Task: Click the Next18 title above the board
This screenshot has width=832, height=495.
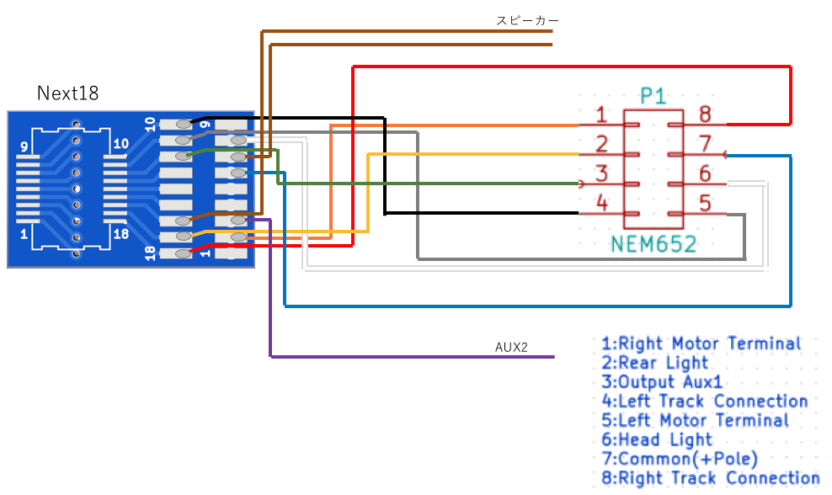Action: click(68, 93)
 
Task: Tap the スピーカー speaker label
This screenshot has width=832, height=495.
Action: click(527, 21)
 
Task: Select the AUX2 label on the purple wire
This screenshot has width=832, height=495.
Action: click(511, 347)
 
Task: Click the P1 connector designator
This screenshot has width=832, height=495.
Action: click(653, 96)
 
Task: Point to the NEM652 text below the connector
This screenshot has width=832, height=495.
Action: click(653, 244)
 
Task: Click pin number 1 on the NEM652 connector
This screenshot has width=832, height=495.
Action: click(601, 114)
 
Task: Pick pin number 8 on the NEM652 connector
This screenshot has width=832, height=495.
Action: click(705, 114)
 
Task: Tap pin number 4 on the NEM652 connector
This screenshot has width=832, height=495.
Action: click(602, 202)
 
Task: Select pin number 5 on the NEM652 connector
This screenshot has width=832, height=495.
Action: click(705, 203)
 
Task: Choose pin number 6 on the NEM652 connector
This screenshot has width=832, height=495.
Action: click(705, 173)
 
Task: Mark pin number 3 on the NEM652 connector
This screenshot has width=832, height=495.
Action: click(601, 173)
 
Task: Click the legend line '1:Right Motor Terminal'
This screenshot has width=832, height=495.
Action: click(701, 343)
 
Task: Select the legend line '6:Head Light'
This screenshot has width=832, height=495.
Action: click(656, 439)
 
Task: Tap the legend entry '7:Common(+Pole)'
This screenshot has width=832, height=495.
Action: click(680, 459)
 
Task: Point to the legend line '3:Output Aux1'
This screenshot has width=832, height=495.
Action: click(662, 381)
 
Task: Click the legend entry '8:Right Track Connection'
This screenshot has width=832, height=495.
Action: click(711, 477)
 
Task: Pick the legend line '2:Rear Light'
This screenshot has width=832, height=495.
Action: click(655, 362)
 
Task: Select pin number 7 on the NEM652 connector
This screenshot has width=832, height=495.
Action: click(705, 143)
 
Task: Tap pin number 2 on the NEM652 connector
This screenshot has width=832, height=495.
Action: click(601, 144)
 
